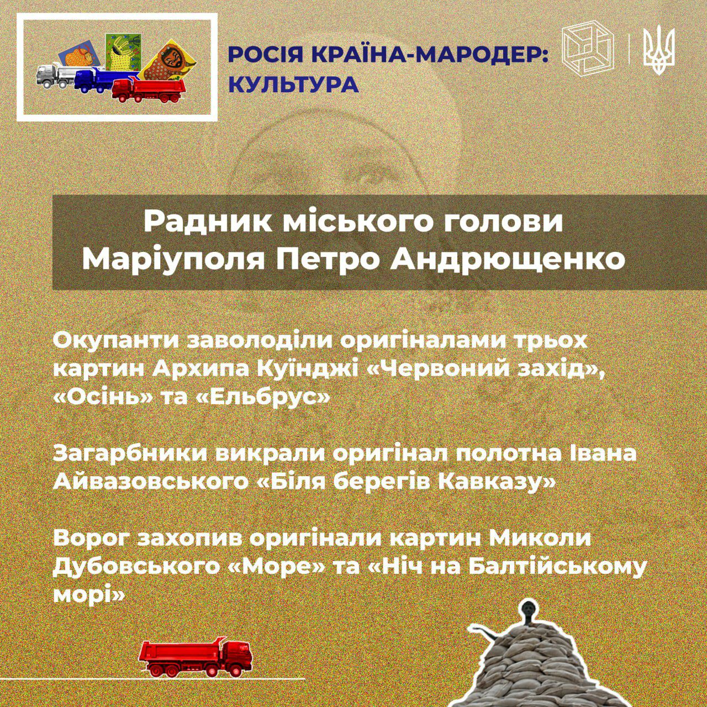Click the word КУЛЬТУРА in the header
pyautogui.click(x=293, y=85)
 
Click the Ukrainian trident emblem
pyautogui.click(x=659, y=50)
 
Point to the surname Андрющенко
pyautogui.click(x=508, y=259)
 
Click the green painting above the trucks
pyautogui.click(x=123, y=52)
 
